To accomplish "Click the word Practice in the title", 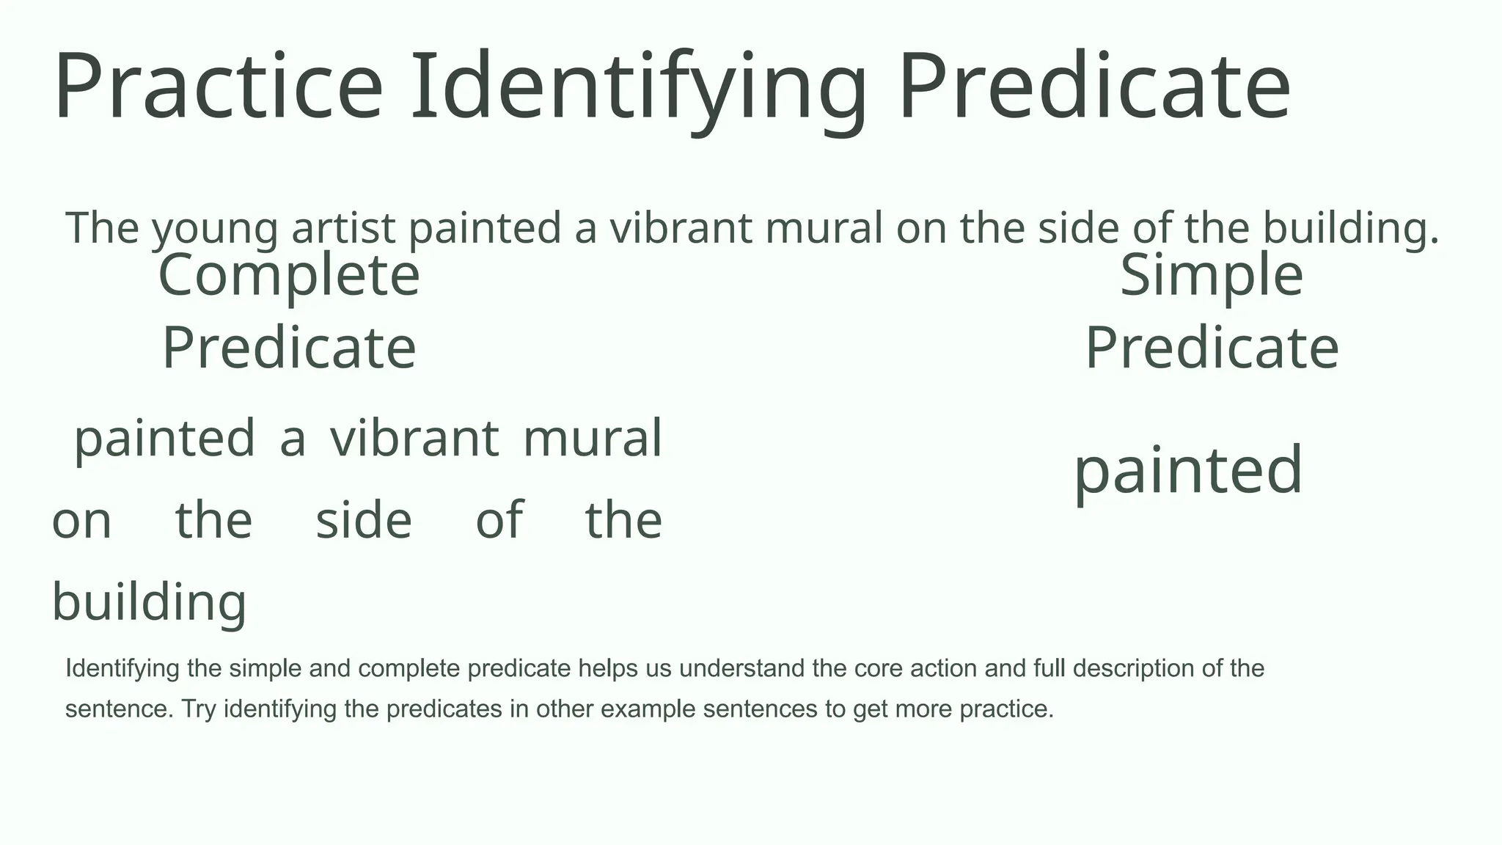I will coord(219,86).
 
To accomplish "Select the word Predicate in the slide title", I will coord(1093,86).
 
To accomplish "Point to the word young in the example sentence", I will coord(215,229).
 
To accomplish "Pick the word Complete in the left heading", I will coord(289,276).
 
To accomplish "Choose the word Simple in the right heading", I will coord(1212,276).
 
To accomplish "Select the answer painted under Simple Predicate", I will coord(1188,471).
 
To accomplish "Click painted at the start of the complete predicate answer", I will coord(165,439).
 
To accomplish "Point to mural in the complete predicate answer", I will coord(593,439).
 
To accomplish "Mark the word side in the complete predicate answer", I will coord(364,521).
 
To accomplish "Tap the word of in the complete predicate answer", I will coord(499,521).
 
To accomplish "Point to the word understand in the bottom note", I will coord(745,668).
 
